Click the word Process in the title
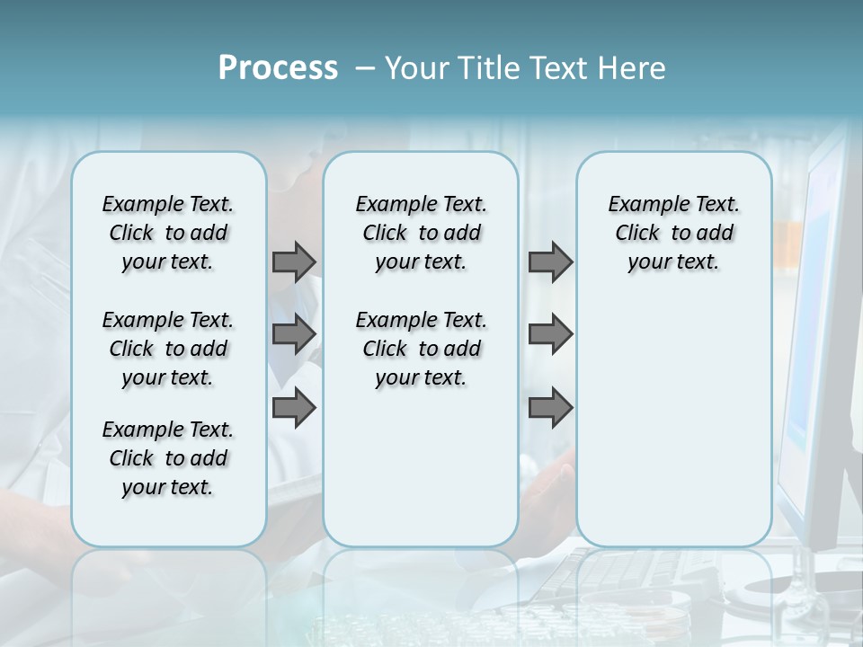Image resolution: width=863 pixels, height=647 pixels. pyautogui.click(x=278, y=68)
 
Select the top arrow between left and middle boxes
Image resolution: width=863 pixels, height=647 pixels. pyautogui.click(x=294, y=261)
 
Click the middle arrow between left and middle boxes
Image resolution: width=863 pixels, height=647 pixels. pyautogui.click(x=294, y=334)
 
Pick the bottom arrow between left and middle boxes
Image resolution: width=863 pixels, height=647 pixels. pyautogui.click(x=294, y=407)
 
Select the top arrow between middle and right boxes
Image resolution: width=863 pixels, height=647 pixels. pyautogui.click(x=550, y=261)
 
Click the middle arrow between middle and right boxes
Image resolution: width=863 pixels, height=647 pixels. pyautogui.click(x=550, y=334)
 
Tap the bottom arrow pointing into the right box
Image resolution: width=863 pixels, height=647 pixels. pyautogui.click(x=550, y=407)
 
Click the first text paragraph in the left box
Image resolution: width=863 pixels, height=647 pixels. pyautogui.click(x=168, y=233)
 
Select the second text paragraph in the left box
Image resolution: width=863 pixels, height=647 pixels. pyautogui.click(x=168, y=349)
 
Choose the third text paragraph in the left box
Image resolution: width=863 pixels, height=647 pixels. pyautogui.click(x=168, y=458)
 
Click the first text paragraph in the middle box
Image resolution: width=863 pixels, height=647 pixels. pyautogui.click(x=421, y=233)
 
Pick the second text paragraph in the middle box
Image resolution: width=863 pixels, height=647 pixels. pyautogui.click(x=421, y=349)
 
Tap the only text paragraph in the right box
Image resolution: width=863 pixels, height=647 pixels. pyautogui.click(x=673, y=233)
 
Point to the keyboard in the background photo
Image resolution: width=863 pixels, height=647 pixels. pyautogui.click(x=620, y=575)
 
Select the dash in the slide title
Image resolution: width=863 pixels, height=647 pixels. pyautogui.click(x=365, y=68)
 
